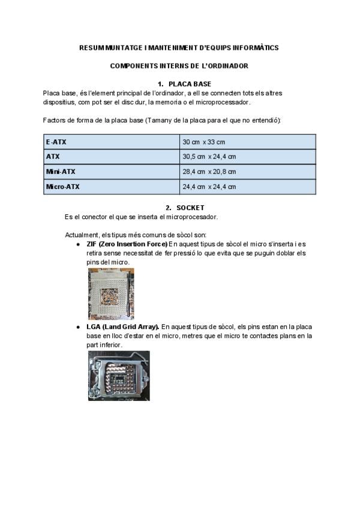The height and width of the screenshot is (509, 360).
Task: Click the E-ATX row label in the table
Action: coord(56,142)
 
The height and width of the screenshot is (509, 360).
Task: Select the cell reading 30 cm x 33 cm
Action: coord(204,142)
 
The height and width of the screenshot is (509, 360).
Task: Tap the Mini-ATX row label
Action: coord(61,172)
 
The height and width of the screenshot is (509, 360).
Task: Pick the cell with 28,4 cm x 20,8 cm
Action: coord(209,172)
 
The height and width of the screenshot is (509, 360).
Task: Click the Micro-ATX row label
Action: coord(63,187)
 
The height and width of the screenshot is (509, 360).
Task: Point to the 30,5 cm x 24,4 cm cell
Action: coord(209,157)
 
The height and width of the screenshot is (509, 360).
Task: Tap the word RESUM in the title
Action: coord(92,47)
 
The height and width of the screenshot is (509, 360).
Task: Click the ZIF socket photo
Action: coord(111,294)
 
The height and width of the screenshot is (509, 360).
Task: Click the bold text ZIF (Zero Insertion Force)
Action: coord(127,244)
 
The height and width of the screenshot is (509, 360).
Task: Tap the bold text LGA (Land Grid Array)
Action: coord(122,327)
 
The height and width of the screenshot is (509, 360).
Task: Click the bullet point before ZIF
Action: coord(79,245)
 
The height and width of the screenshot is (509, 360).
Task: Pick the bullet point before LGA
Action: coord(79,327)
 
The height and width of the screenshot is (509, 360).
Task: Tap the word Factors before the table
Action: coord(55,121)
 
